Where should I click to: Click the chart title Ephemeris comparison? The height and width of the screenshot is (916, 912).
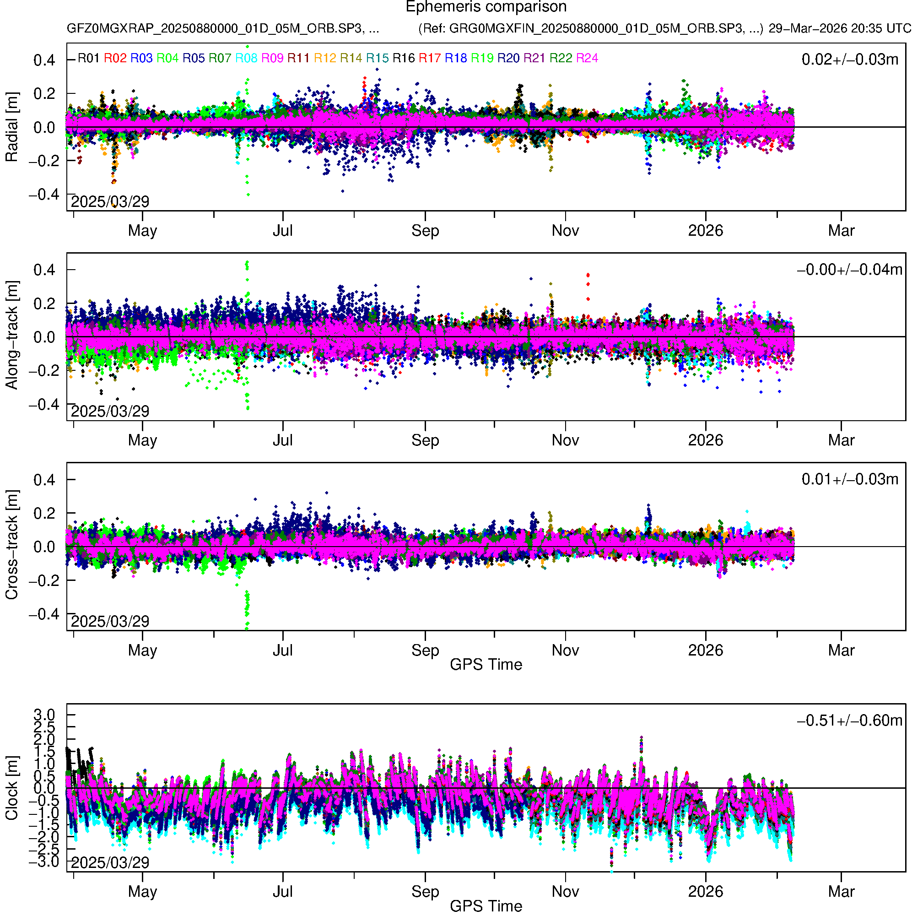486,7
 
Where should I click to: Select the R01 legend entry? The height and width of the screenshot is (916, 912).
89,58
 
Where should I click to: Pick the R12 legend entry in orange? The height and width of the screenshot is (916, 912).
325,58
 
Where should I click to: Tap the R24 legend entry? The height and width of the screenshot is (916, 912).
587,58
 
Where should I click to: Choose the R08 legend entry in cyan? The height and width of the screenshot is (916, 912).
246,58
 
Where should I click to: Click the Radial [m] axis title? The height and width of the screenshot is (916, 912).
11,127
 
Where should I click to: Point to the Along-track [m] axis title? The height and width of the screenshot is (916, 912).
11,335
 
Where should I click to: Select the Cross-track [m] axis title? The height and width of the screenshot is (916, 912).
11,545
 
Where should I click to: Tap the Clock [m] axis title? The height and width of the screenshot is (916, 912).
11,788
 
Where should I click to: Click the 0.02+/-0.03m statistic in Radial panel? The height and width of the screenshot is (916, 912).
849,60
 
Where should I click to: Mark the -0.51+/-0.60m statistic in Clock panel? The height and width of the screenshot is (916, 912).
849,721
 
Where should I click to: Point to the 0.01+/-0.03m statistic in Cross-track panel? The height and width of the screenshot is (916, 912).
849,479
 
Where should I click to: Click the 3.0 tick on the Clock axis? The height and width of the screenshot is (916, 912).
44,715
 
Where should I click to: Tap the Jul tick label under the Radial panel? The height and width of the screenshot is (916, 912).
282,231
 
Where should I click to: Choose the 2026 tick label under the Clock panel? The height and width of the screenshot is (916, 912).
705,892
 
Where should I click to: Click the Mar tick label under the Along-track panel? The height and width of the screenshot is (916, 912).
841,440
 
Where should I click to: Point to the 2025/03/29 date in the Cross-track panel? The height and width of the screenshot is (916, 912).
110,621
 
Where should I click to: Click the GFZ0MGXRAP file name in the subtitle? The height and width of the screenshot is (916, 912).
223,28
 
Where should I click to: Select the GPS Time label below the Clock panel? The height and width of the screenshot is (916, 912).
486,906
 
